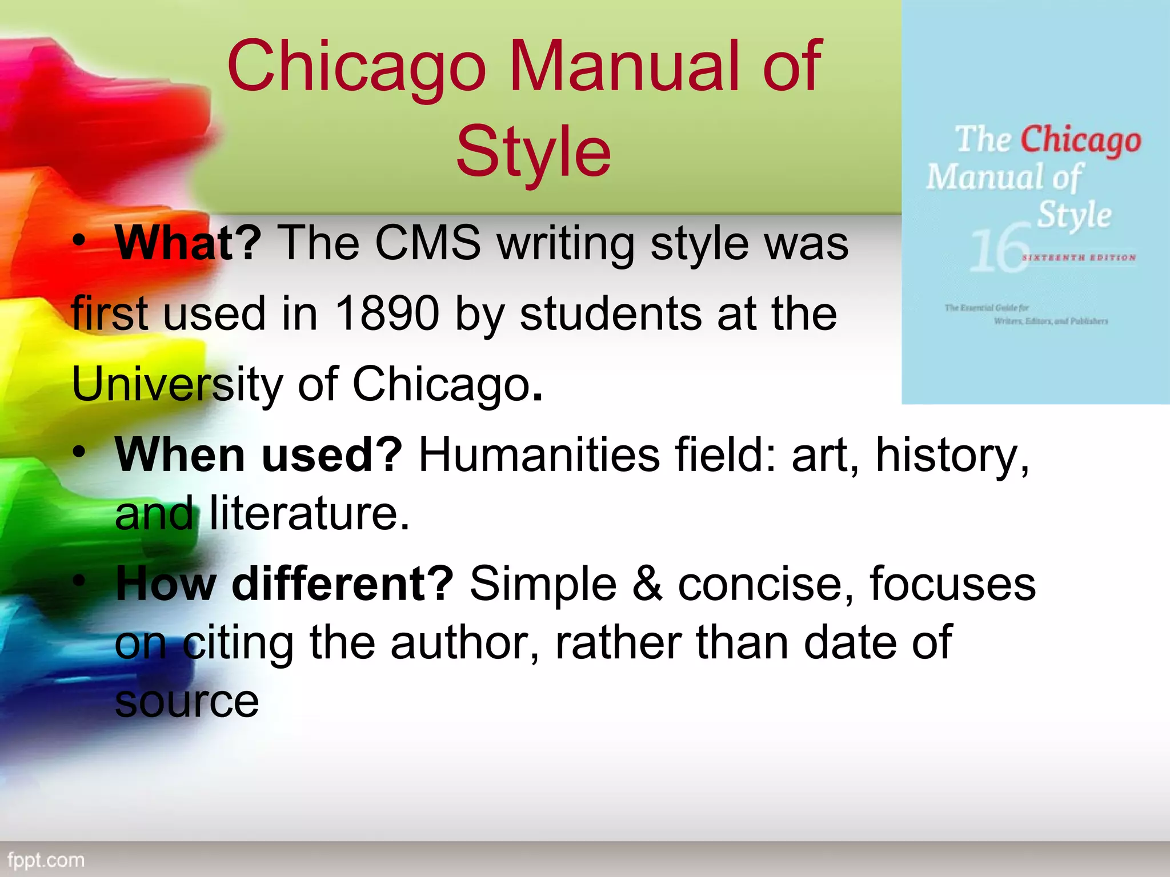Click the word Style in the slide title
(534, 152)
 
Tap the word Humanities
(539, 455)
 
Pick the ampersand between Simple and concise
(647, 584)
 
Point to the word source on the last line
(187, 701)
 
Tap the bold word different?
(342, 584)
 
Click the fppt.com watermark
(46, 860)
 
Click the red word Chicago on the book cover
(1080, 140)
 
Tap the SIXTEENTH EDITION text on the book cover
(1079, 258)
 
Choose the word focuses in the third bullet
(952, 584)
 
